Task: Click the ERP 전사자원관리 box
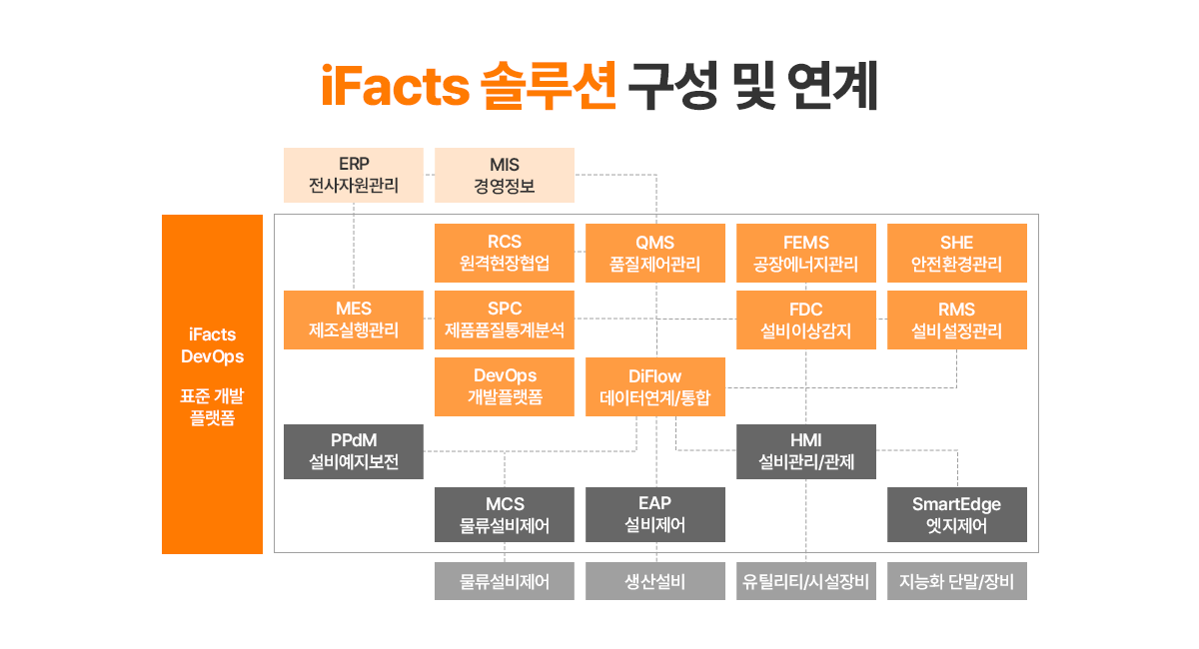point(354,175)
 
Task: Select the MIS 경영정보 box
point(505,175)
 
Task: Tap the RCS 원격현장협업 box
point(505,253)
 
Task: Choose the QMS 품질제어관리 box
point(655,253)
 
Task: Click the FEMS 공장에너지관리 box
point(806,253)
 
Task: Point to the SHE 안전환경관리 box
point(957,253)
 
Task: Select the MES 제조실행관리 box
point(354,320)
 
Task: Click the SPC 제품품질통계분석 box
point(505,320)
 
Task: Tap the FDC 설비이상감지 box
point(806,320)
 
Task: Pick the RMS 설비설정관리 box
point(957,320)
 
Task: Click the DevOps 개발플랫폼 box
point(505,386)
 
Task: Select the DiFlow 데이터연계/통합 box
point(655,386)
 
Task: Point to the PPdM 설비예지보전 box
point(354,451)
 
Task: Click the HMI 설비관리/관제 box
point(806,451)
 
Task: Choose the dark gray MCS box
point(505,514)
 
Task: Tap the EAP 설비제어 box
point(655,514)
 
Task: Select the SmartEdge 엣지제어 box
point(957,514)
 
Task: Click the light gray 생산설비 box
point(655,581)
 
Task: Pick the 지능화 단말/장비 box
point(957,581)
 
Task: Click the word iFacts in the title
point(395,86)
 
